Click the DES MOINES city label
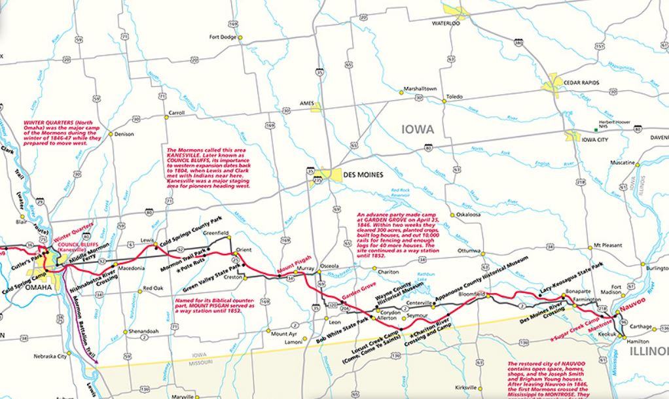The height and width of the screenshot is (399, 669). click(x=369, y=175)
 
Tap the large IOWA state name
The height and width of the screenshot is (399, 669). click(x=414, y=130)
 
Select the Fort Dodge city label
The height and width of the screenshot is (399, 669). click(x=222, y=37)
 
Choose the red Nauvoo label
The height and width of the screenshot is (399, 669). click(x=632, y=305)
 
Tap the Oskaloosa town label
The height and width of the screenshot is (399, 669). click(x=469, y=214)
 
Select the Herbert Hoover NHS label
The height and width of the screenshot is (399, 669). click(x=615, y=124)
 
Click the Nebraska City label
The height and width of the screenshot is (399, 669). click(x=50, y=356)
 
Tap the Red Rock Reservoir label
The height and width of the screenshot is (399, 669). click(x=399, y=194)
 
